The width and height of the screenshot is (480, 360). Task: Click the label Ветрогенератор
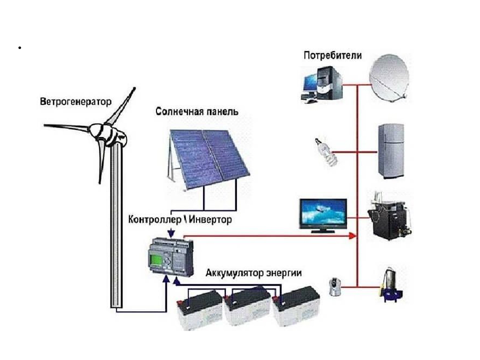click(x=75, y=102)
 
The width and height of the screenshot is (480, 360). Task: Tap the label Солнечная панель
click(x=196, y=111)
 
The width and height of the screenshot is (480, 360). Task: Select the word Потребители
click(x=332, y=55)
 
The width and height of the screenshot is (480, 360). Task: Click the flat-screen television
click(x=322, y=215)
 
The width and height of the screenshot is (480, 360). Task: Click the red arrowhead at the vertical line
click(x=353, y=235)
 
